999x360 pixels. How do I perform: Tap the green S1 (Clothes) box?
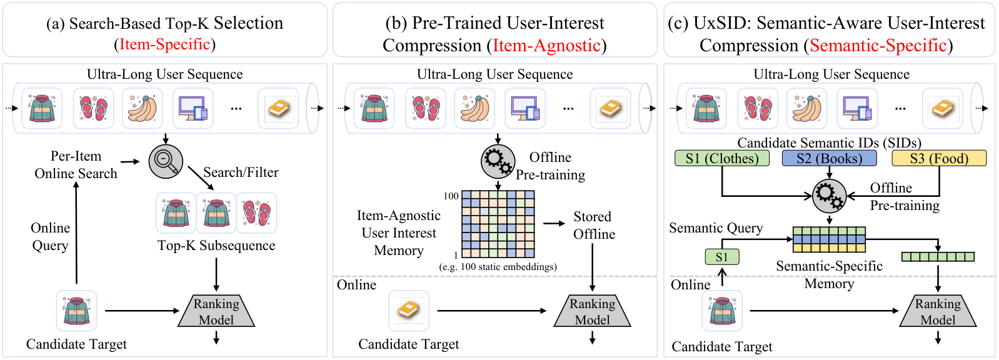coord(721,158)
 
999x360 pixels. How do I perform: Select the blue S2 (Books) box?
coord(829,158)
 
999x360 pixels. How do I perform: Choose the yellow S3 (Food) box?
coord(939,158)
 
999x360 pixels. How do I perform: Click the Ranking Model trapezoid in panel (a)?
coord(216,311)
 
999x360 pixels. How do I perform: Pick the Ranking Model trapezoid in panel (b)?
coord(592,311)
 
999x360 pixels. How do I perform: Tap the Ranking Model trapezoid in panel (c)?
coord(938,311)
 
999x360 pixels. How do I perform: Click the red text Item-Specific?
coord(164,44)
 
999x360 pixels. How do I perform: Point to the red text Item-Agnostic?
coord(546,46)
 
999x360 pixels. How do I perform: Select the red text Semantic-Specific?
coord(878,46)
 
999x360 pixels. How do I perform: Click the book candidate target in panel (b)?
coord(409,311)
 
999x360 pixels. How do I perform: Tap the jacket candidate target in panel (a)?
coord(77,311)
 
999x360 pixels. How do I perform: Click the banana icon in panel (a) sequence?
coord(143,108)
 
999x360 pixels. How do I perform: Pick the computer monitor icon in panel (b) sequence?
coord(525,108)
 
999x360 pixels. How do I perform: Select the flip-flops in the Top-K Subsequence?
coord(256,212)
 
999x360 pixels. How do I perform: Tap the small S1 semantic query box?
coord(721,257)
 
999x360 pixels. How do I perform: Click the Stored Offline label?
coord(594,225)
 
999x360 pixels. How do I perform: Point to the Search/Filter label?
coord(241,172)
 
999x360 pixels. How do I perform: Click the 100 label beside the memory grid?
coord(451,196)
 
